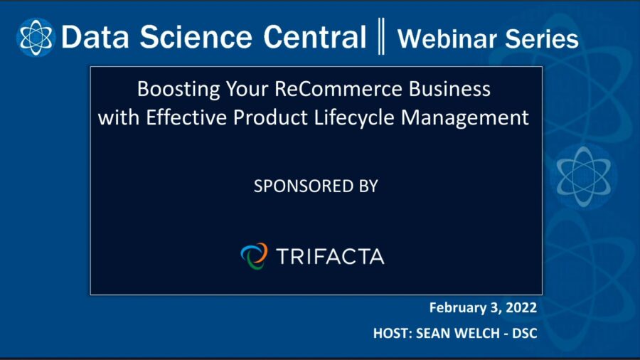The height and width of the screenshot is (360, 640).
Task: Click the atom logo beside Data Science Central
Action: (36, 37)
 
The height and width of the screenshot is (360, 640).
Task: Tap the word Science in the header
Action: (177, 38)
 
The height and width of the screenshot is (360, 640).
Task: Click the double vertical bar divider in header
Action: (381, 38)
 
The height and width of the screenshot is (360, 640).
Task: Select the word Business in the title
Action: (452, 90)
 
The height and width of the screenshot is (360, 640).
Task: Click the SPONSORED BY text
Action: (316, 186)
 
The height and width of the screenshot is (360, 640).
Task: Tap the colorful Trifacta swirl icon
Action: (254, 255)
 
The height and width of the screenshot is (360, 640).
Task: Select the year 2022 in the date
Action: (521, 308)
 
